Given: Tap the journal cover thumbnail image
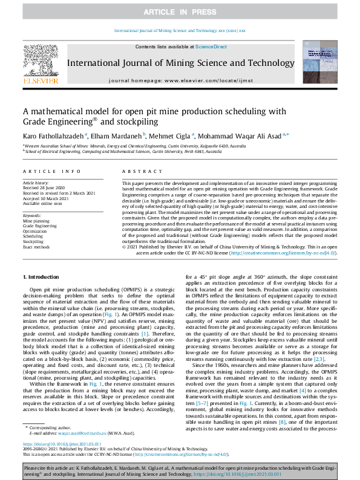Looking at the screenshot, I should (x=319, y=63).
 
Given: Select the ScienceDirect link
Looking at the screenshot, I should (x=211, y=47).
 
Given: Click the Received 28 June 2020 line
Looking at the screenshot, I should (x=44, y=187).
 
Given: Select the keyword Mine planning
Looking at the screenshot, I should (x=37, y=221).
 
